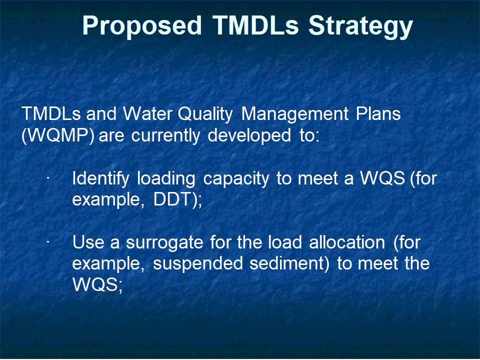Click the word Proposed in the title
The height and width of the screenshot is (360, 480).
click(142, 25)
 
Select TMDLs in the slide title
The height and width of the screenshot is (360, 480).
click(255, 25)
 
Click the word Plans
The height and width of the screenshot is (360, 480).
click(378, 114)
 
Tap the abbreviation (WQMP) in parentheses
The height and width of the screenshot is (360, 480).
click(58, 135)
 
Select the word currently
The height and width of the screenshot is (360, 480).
click(165, 136)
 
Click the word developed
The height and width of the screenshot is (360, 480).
click(249, 136)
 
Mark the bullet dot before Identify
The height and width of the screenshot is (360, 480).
click(48, 177)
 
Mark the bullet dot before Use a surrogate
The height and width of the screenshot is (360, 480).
click(48, 242)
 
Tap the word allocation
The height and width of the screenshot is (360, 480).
click(347, 242)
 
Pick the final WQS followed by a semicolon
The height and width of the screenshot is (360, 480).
click(97, 284)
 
